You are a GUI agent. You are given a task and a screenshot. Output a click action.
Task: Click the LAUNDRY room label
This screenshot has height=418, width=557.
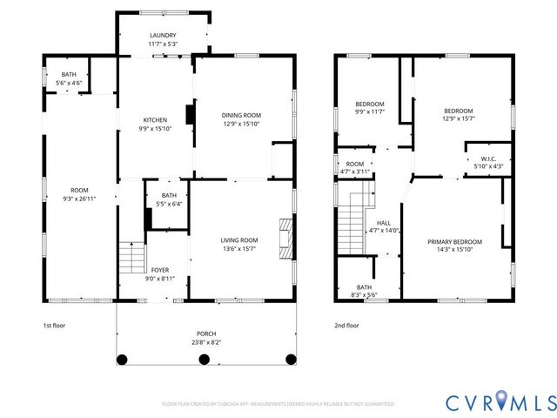tap(162, 36)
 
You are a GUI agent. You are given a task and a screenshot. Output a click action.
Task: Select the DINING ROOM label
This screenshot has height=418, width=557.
tap(241, 115)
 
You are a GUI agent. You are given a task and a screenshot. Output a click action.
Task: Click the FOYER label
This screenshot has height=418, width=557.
tap(160, 270)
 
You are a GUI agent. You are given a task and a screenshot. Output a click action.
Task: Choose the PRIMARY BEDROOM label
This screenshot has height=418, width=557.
tap(454, 241)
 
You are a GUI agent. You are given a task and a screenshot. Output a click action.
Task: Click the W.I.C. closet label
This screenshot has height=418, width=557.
tap(487, 158)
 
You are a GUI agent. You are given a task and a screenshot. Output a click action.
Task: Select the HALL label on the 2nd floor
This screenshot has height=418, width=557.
tap(384, 222)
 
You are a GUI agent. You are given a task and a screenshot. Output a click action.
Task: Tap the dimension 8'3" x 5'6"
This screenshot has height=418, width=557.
tap(365, 294)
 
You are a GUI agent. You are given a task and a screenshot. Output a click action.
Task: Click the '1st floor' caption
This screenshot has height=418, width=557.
tap(54, 325)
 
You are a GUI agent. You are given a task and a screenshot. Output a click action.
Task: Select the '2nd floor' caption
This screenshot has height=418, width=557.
tap(346, 325)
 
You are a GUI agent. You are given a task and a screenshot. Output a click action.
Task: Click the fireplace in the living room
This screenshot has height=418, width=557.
tap(285, 237)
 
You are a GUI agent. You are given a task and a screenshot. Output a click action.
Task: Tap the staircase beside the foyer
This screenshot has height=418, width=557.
tap(131, 258)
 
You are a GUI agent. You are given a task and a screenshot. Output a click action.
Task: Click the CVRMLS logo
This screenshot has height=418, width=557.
tap(500, 401)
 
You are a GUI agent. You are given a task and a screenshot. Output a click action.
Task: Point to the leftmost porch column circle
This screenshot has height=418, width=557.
tap(123, 358)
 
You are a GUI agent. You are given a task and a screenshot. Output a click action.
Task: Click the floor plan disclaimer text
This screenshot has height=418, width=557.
tap(278, 404)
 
